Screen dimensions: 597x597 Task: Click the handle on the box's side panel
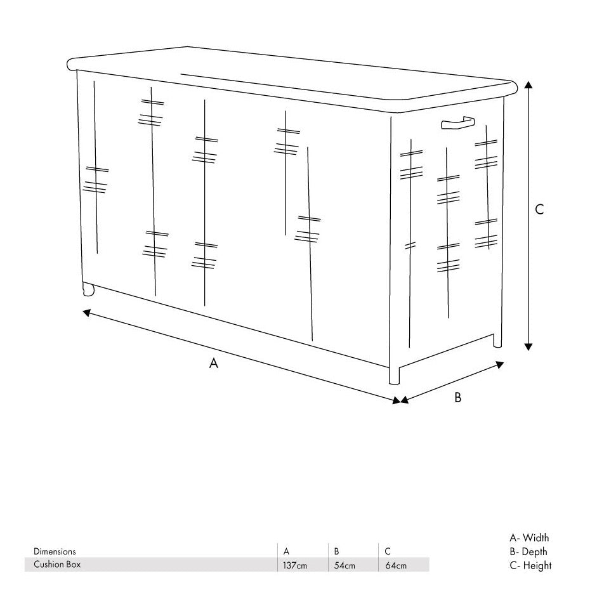pos(457,122)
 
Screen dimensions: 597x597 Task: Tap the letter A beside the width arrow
pos(214,364)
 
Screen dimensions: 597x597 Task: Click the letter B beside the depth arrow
pos(457,398)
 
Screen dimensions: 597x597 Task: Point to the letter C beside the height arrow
pos(539,209)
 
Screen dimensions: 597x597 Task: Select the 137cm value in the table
pos(294,565)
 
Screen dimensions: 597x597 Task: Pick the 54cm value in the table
pos(344,565)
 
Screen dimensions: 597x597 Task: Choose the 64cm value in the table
pos(396,565)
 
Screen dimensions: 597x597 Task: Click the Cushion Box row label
pos(57,564)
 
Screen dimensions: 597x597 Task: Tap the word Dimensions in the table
pos(55,551)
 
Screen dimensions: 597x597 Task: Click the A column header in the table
pos(286,551)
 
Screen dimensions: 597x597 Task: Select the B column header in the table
pos(337,551)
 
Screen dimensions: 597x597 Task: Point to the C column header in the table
pos(388,551)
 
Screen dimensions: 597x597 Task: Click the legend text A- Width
pos(529,537)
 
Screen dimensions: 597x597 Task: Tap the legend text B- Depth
pos(528,551)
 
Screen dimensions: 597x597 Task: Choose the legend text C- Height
pos(530,565)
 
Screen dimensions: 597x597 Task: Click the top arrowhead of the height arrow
pos(528,84)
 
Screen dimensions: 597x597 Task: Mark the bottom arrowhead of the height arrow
pos(528,346)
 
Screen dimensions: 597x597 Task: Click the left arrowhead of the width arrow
pos(87,313)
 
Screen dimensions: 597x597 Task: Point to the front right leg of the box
pos(394,375)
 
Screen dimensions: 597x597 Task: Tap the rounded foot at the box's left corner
pos(88,289)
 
